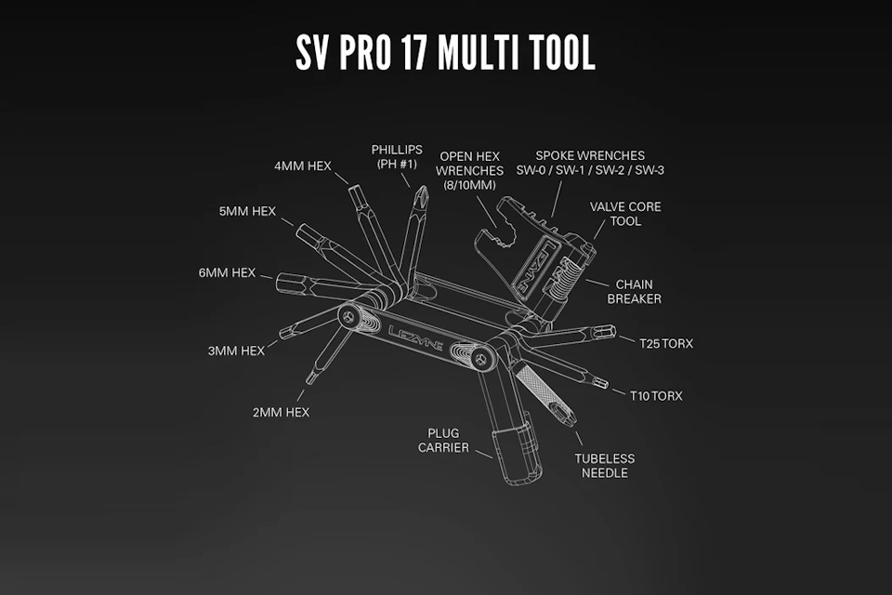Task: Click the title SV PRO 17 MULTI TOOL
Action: pos(445,52)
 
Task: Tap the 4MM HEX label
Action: pos(303,165)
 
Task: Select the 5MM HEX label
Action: pos(247,211)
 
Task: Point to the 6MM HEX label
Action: pos(227,272)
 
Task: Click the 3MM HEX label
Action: pos(236,350)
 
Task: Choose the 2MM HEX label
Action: pos(281,412)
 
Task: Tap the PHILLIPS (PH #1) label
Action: pos(397,156)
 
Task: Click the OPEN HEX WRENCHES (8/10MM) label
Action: pos(470,171)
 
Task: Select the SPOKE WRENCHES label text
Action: pos(590,155)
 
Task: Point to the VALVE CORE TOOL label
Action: pos(625,214)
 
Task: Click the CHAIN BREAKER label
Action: pos(635,292)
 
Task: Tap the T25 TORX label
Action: pos(666,343)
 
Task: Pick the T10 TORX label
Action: pos(656,396)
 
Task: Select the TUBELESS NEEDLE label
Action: pos(605,466)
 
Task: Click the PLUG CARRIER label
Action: pos(444,441)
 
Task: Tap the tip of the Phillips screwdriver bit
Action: pos(422,186)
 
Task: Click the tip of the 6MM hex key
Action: pos(278,283)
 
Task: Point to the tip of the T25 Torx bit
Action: pos(614,331)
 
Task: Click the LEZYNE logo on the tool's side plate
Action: pos(416,338)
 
